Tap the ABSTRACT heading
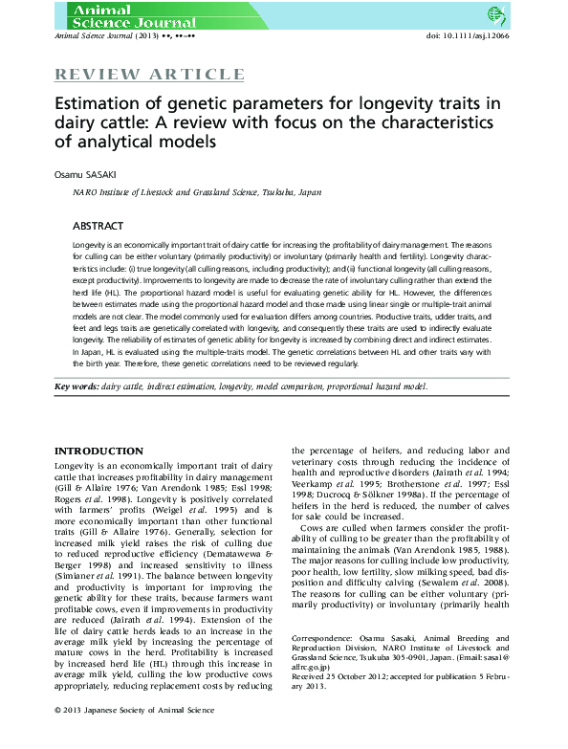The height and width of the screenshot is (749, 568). click(x=98, y=226)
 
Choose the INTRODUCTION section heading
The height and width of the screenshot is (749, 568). click(x=98, y=451)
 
